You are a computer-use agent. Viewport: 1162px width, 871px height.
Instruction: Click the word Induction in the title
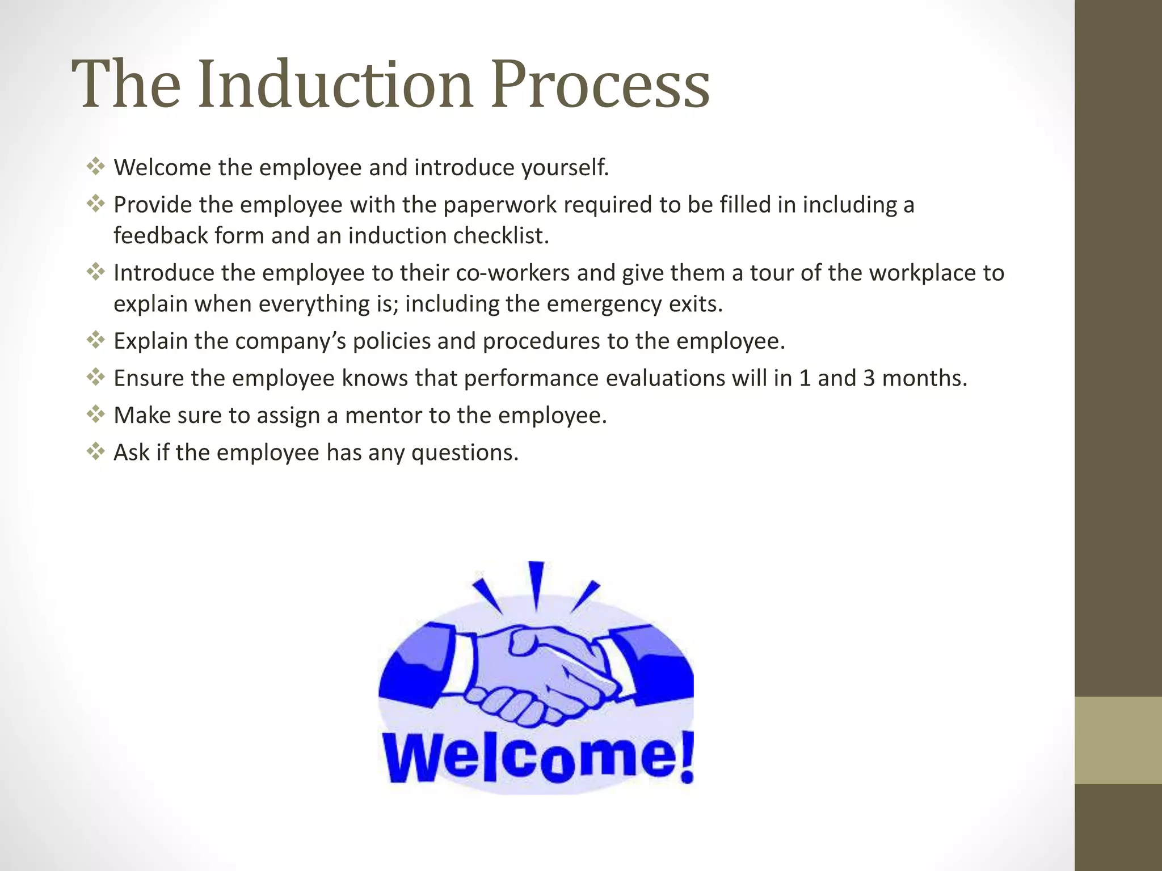point(335,85)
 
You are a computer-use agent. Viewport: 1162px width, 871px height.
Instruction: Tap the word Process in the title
point(600,85)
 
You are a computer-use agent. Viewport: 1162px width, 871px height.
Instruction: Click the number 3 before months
point(869,378)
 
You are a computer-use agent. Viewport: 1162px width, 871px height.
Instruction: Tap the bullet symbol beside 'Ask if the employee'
point(95,452)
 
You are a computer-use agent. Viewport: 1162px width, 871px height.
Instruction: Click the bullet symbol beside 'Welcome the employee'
point(95,167)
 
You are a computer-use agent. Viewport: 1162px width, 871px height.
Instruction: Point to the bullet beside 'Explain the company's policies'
point(95,340)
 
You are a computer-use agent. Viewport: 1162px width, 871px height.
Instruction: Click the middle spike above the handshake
point(536,584)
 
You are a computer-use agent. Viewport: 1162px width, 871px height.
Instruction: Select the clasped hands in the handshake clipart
point(536,675)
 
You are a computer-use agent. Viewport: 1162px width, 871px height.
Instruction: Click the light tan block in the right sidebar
point(1118,740)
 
